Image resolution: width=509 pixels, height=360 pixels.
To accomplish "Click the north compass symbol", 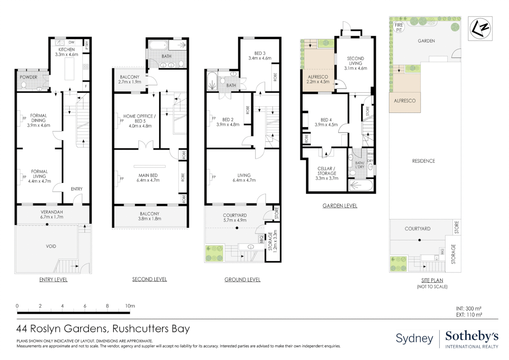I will click(480, 29).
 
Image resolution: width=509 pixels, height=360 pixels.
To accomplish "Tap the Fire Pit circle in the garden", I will click(399, 27).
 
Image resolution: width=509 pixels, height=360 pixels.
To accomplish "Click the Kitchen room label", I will click(67, 49).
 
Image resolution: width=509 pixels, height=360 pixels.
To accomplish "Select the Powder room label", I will click(29, 77).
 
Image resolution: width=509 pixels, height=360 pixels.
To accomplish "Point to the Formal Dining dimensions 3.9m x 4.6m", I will click(39, 125).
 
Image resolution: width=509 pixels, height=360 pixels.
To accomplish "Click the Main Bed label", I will click(148, 175).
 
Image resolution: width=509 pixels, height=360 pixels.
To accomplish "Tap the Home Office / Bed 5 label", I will click(140, 118).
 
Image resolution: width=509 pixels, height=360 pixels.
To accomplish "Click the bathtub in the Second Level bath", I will click(158, 45).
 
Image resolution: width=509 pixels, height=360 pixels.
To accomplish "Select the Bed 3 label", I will click(260, 53).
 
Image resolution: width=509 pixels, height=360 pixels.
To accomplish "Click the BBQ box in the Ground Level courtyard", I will click(261, 239).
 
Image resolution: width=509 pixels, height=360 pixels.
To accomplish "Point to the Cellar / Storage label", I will click(327, 171).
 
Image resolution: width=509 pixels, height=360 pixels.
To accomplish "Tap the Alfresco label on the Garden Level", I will click(318, 77).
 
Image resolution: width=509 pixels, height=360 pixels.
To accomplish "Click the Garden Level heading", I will click(340, 206).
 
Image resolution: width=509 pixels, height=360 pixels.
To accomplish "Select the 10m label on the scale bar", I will click(130, 306).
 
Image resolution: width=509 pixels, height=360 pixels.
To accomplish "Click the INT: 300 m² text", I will click(468, 309).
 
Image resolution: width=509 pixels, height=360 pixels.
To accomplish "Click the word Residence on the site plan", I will click(423, 161).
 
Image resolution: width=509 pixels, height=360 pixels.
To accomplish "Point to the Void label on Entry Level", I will click(51, 246).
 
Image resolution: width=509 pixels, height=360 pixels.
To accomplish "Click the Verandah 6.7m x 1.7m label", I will click(52, 214).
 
